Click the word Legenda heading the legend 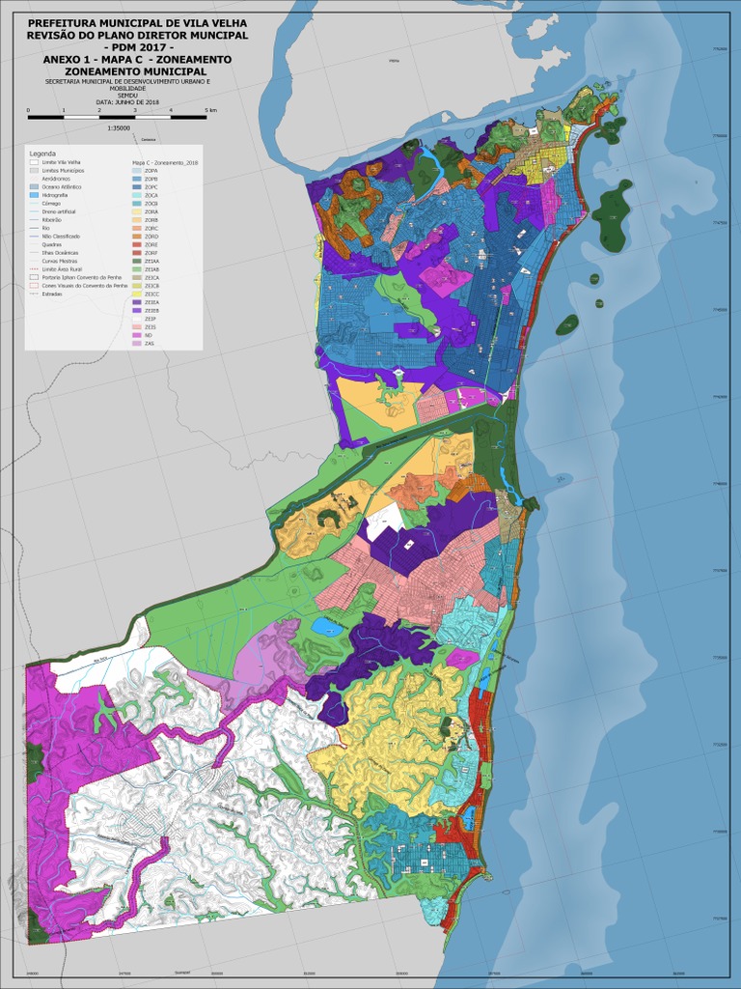42,154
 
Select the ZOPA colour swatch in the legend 136,171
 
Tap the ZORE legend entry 136,244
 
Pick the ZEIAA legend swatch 136,262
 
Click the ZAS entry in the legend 136,344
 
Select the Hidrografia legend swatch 34,195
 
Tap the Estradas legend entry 34,295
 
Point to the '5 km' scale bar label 210,111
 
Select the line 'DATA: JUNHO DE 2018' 127,101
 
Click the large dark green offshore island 611,214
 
